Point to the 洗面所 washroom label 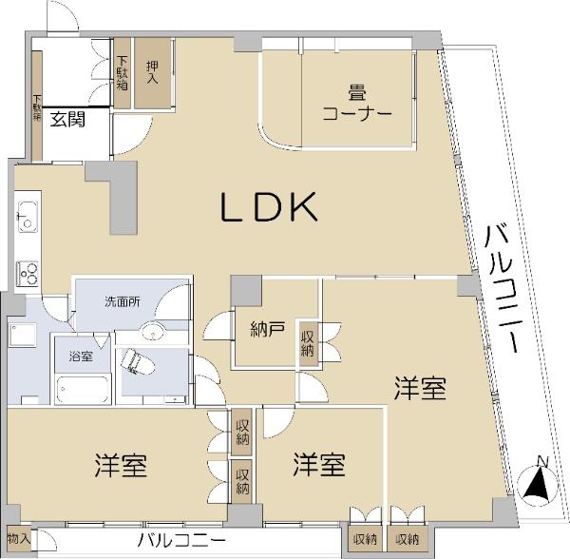click(x=123, y=301)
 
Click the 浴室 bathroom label click(x=80, y=357)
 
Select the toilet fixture click(x=132, y=362)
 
